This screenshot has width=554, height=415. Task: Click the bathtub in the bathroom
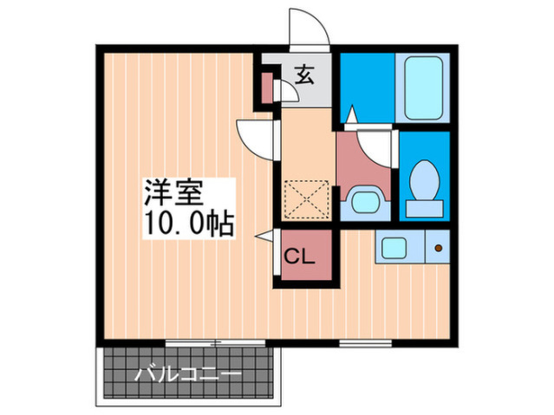pos(423,88)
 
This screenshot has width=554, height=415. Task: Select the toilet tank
pos(424,209)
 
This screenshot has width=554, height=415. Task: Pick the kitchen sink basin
pos(394,247)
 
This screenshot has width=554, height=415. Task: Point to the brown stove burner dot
pos(439,248)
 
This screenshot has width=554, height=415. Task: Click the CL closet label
pos(300,256)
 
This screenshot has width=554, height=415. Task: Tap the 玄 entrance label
pos(304,75)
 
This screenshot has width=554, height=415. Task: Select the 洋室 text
pos(173,193)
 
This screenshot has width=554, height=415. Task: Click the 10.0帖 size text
pos(189,224)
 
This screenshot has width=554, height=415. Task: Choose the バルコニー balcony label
pos(188,375)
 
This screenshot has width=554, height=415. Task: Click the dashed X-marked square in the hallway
pos(307,199)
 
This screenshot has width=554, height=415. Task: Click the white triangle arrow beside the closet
pos(264,236)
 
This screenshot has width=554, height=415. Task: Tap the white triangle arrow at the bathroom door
pos(351,114)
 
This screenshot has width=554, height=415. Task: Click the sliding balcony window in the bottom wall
pos(215,342)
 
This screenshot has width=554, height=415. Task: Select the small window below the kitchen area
pos(366,342)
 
